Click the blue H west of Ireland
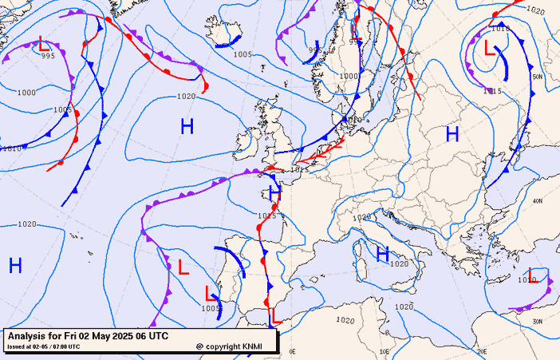coord(187,126)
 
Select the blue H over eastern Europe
coord(452,134)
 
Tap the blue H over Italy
coord(383,254)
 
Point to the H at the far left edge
coord(15,266)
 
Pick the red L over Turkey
coord(532,275)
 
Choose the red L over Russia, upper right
coord(490,48)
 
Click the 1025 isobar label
coord(266,216)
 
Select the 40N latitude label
coord(538,201)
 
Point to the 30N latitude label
coord(538,321)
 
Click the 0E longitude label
coord(292,351)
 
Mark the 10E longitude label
coord(385,351)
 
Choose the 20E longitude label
coord(481,351)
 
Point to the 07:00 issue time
coord(67,346)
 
